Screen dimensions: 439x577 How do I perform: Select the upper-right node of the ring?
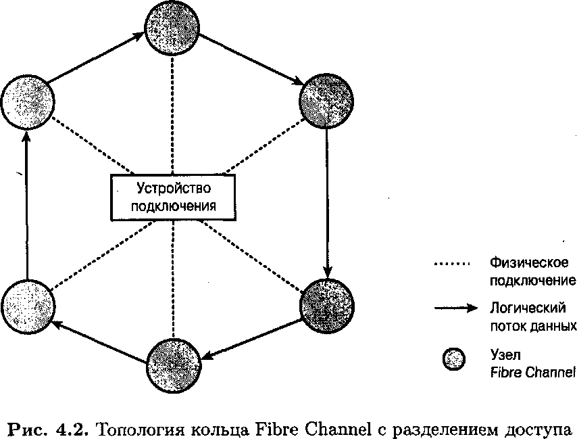pos(327,100)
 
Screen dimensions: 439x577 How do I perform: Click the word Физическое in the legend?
pos(528,262)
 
